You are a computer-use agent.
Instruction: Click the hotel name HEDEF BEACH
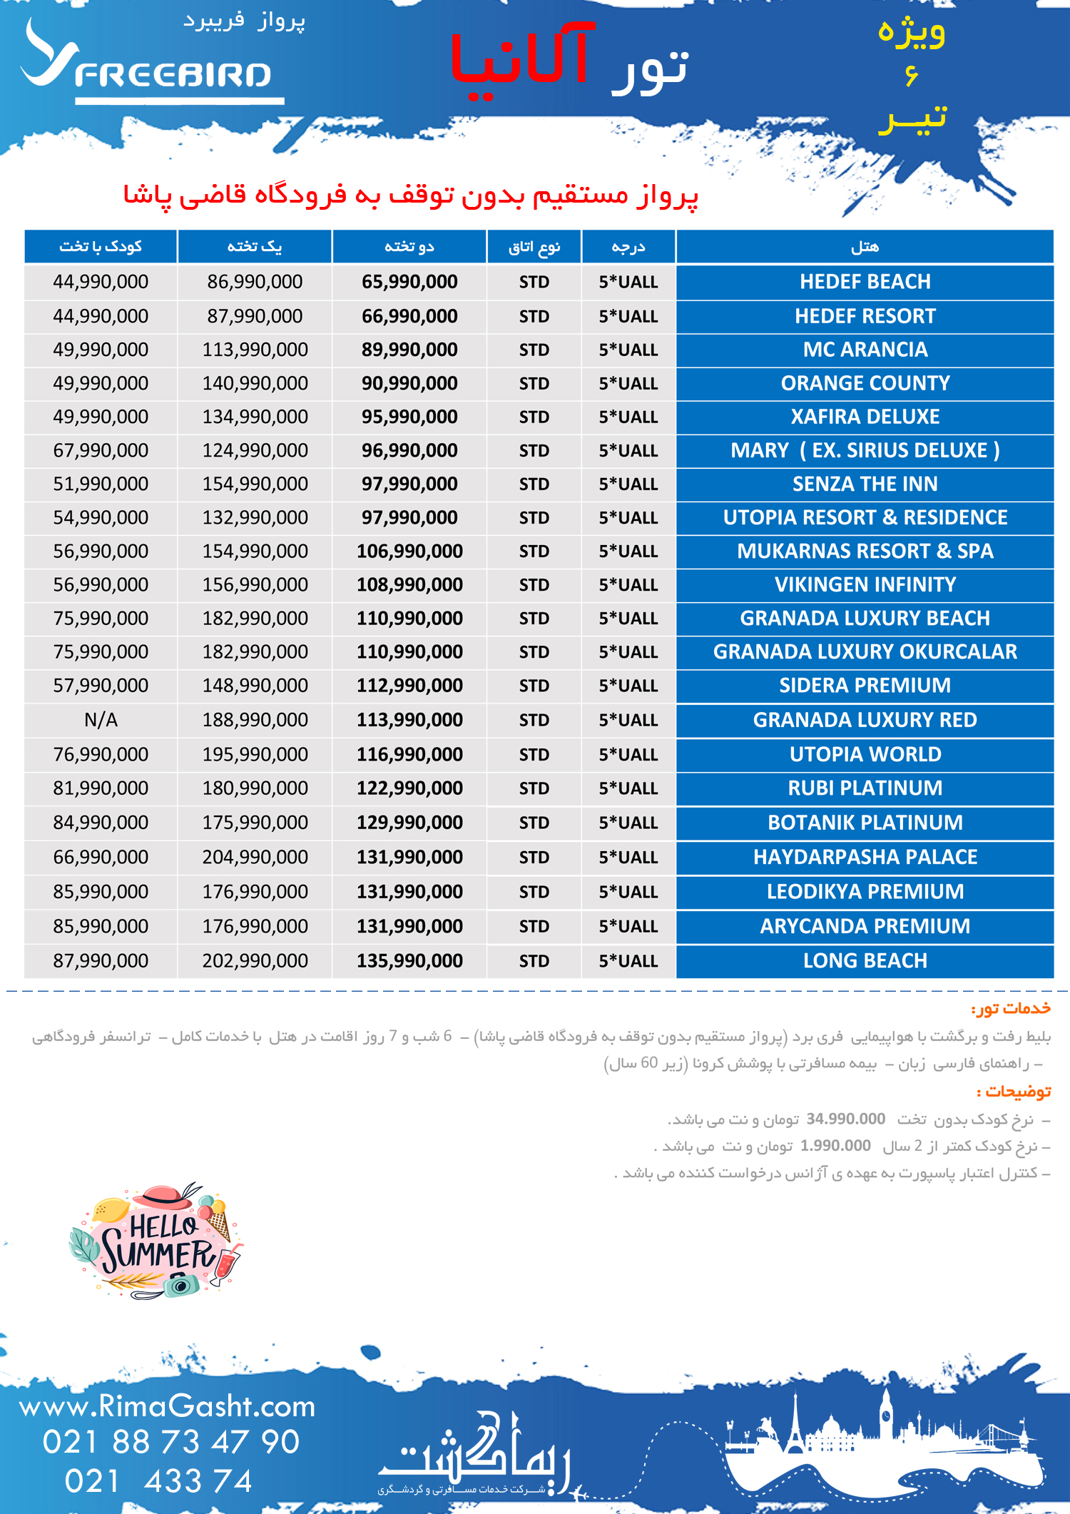pos(865,282)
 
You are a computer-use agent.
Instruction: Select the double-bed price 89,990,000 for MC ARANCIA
pos(409,350)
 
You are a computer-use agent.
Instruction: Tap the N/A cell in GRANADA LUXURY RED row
pos(101,720)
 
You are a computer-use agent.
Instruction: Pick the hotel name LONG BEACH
pos(865,961)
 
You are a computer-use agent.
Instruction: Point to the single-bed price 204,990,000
pos(255,857)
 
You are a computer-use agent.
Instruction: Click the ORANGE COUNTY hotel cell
pos(865,383)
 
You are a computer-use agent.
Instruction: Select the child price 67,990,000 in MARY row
pos(101,450)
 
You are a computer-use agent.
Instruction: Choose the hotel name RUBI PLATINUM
pos(865,788)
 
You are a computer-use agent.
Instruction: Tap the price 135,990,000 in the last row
pos(409,961)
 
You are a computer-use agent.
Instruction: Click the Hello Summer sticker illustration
pos(158,1241)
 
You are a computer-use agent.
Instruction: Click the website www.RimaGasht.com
pos(167,1406)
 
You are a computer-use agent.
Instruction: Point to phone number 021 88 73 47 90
pos(170,1442)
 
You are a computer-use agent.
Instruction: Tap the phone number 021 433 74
pos(158,1481)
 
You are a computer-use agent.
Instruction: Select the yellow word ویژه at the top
pos(911,33)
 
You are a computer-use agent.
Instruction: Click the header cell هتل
pos(865,247)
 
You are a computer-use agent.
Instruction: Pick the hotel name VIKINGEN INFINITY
pos(865,585)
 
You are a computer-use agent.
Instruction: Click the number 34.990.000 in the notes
pos(845,1119)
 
